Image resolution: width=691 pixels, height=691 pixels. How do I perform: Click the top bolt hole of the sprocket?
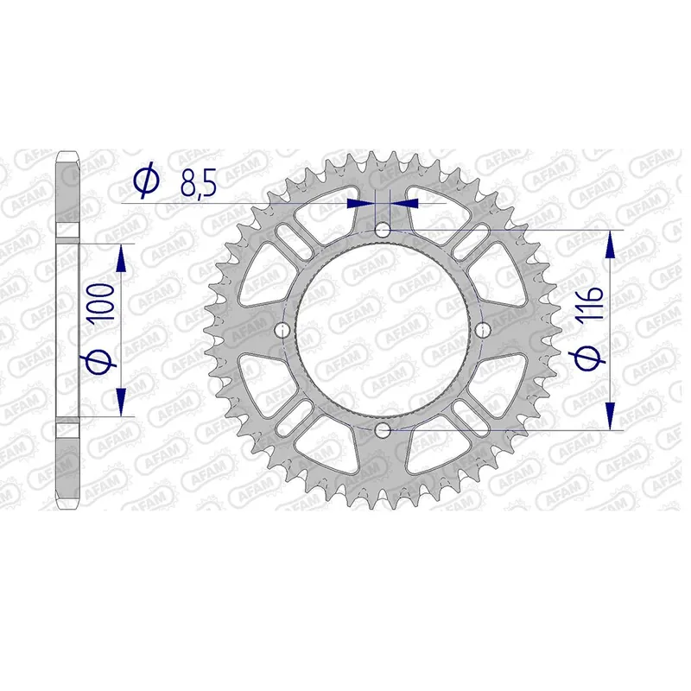click(x=383, y=230)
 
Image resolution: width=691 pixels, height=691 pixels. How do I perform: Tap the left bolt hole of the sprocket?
click(x=282, y=330)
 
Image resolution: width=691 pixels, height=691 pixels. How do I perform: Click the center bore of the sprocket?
click(x=383, y=330)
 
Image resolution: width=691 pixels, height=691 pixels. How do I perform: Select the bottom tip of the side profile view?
click(x=69, y=508)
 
